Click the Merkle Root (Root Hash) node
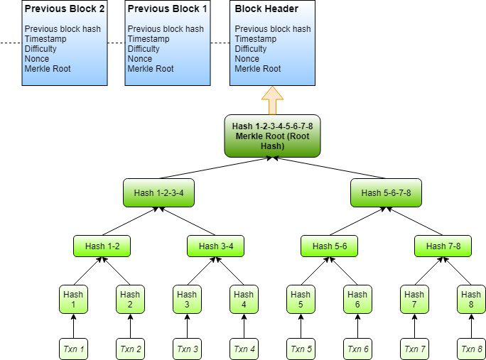coord(272,136)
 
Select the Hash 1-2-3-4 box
coord(158,192)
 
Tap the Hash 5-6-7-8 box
coord(386,192)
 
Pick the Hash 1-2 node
coord(102,246)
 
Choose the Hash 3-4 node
coord(215,246)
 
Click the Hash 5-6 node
coord(329,246)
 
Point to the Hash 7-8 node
coord(443,246)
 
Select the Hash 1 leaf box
coord(73,300)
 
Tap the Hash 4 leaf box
coord(244,300)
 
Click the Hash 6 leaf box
coord(357,300)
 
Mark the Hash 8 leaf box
coord(471,300)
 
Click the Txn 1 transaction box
coord(73,349)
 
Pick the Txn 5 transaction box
coord(301,349)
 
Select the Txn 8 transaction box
coord(471,349)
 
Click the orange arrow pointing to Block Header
coord(272,100)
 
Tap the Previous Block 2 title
coord(65,9)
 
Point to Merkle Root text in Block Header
coord(257,69)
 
